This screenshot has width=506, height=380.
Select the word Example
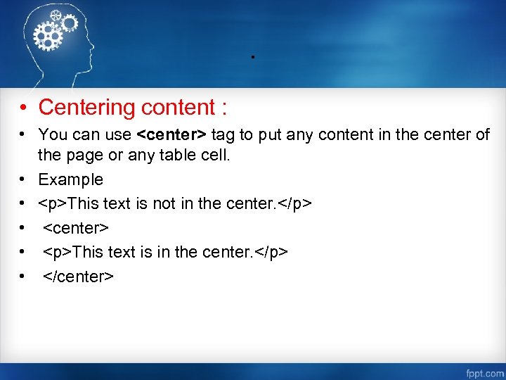pyautogui.click(x=70, y=179)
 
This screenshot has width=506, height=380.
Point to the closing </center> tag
pyautogui.click(x=78, y=277)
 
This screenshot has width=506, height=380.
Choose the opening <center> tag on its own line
pyautogui.click(x=75, y=228)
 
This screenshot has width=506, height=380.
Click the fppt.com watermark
pyautogui.click(x=484, y=372)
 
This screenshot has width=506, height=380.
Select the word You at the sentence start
pyautogui.click(x=51, y=134)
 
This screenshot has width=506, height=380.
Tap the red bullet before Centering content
pyautogui.click(x=23, y=108)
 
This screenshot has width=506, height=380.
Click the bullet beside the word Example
pyautogui.click(x=23, y=180)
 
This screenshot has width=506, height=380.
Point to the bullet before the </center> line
pyautogui.click(x=23, y=277)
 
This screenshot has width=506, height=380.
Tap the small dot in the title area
pyautogui.click(x=252, y=56)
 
